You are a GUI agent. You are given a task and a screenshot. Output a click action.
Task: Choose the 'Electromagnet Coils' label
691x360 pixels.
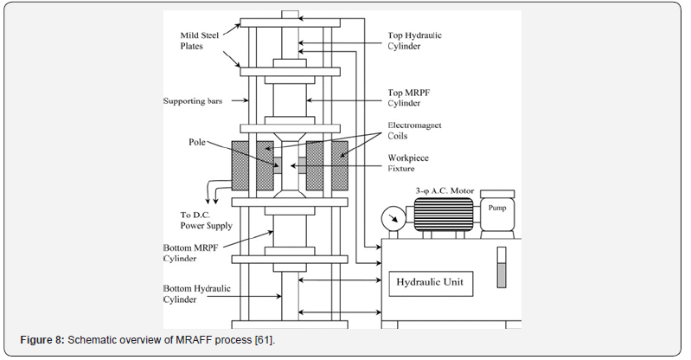pos(409,130)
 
